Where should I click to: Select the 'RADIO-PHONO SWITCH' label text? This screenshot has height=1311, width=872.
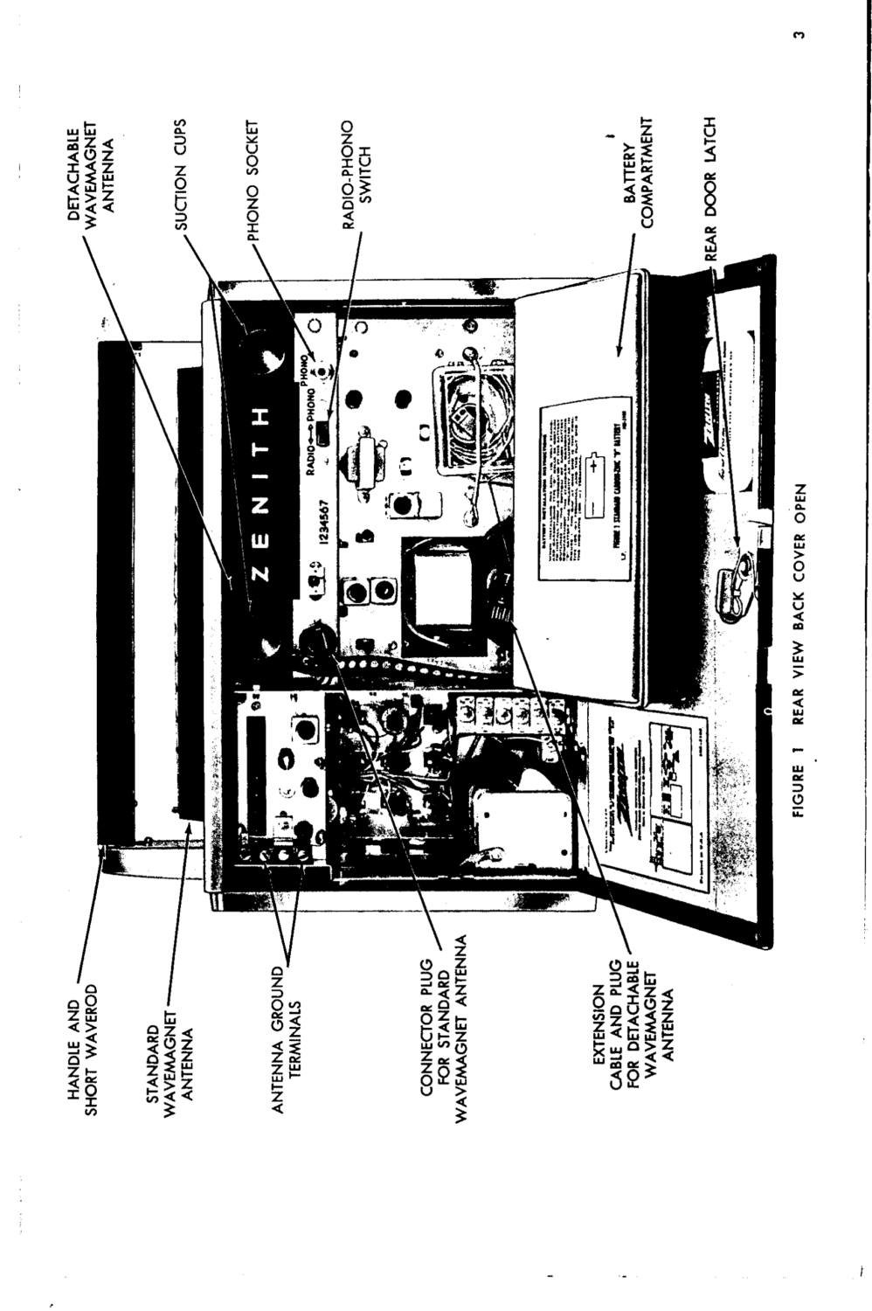coord(356,175)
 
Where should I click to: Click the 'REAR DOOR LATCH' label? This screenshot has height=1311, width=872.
coord(709,189)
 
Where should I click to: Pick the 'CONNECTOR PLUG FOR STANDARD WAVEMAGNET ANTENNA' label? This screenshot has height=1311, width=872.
coord(444,1040)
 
